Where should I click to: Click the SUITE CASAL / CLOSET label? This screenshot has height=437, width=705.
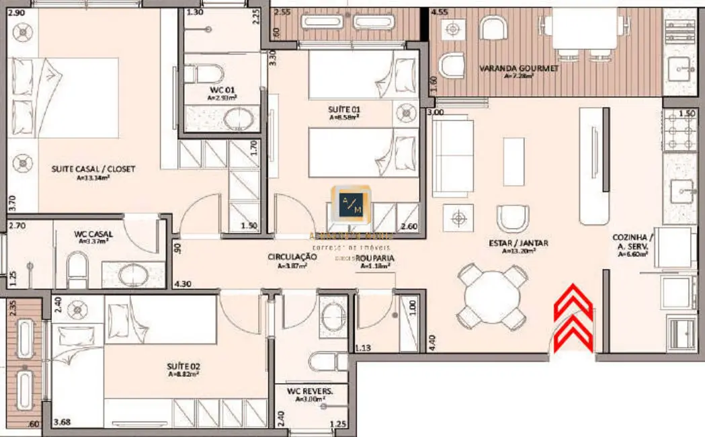[93, 169]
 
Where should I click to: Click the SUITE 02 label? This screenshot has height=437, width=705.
[183, 367]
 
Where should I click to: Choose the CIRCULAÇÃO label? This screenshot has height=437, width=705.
[292, 257]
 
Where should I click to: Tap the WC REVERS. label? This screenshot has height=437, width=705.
[310, 391]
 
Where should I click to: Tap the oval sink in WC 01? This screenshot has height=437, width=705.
[237, 119]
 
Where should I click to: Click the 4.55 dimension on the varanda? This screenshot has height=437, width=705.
[440, 12]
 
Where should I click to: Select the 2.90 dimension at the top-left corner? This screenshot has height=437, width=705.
[17, 13]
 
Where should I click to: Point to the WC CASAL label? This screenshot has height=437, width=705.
[93, 234]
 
